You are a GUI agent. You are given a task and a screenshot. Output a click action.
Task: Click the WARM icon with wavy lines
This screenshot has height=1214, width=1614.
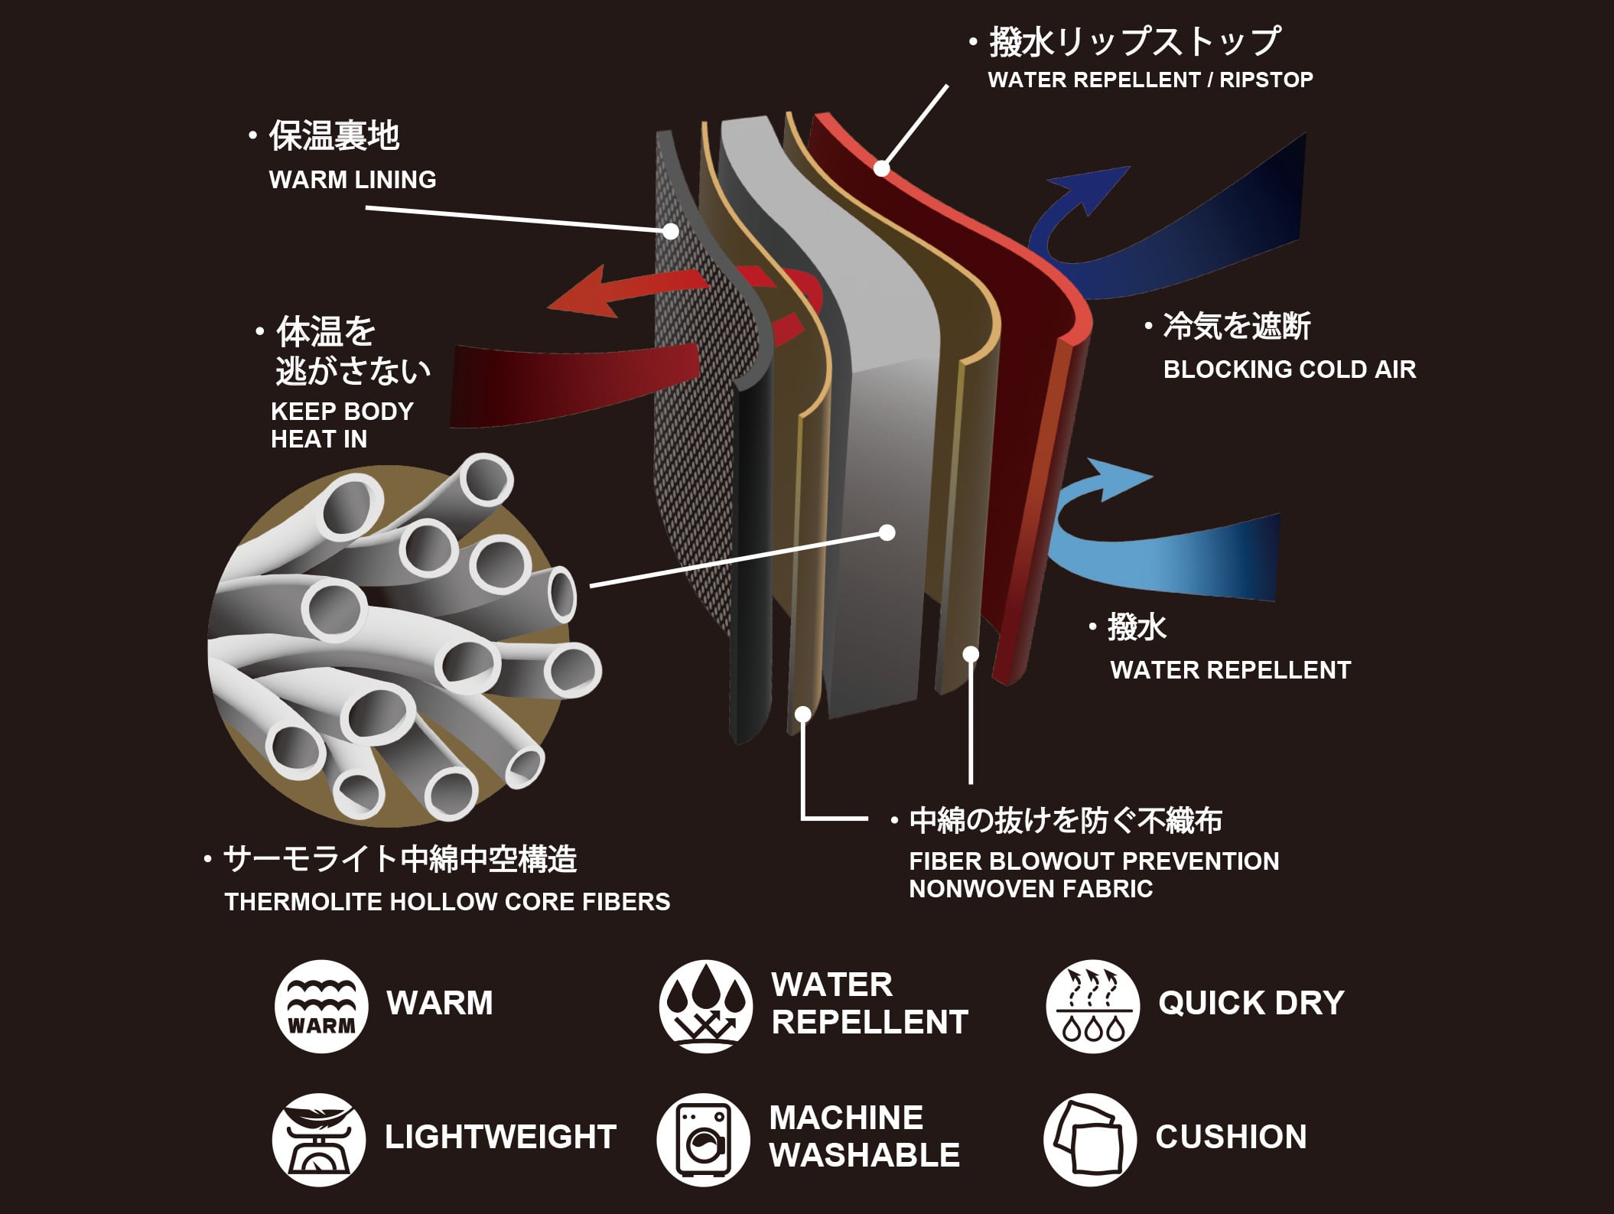click(321, 1006)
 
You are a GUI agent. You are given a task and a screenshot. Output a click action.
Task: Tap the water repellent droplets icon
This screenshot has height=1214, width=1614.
click(705, 1006)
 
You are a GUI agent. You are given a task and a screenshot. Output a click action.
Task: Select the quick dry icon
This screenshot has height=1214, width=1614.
click(1092, 1006)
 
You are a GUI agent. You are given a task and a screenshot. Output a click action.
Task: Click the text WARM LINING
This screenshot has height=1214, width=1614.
click(353, 180)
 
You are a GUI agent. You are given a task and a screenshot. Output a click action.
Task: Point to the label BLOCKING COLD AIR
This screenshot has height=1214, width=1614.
click(1289, 369)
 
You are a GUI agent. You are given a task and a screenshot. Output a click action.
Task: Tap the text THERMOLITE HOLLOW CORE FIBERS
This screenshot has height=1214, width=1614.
click(447, 902)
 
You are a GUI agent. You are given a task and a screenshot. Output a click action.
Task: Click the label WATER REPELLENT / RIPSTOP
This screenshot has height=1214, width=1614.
click(1150, 80)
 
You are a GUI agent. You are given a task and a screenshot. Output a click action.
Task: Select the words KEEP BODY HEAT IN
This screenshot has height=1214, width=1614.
click(341, 425)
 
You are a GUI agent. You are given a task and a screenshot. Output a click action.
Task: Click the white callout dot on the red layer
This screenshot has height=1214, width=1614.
click(882, 168)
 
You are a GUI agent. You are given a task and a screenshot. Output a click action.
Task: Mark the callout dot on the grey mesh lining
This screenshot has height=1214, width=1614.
click(672, 230)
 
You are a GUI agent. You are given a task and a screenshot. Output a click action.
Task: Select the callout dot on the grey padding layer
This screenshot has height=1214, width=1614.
click(887, 532)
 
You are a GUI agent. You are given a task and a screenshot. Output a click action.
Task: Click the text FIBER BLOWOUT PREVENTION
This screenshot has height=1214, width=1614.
click(1094, 861)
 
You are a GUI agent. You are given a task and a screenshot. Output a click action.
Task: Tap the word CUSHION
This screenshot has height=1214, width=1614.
click(1231, 1137)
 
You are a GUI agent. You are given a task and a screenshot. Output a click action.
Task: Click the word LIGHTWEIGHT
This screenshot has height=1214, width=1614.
click(500, 1137)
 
